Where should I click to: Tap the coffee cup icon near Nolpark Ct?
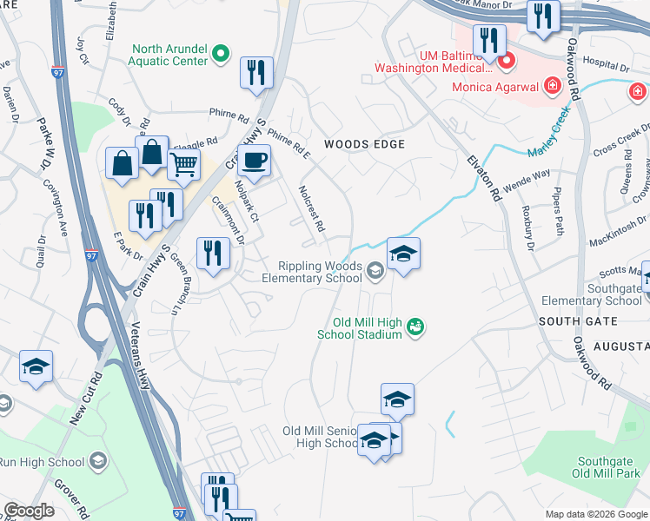click(254, 161)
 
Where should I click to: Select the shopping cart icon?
click(183, 164)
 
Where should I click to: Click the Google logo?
click(30, 511)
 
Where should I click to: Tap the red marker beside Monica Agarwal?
click(551, 86)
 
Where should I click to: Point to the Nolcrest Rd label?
click(311, 208)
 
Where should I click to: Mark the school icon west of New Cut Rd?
click(36, 368)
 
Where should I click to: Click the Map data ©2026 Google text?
click(594, 513)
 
